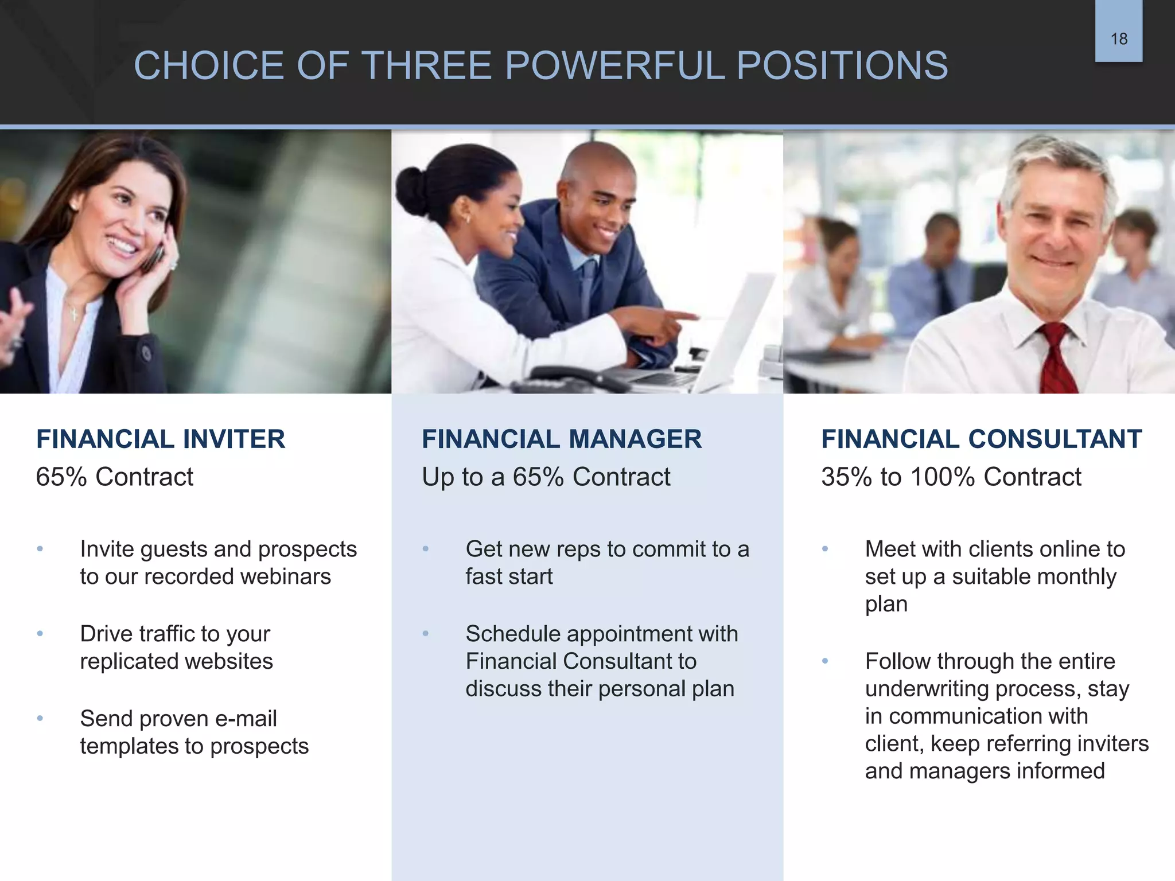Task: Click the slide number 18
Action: (x=1119, y=39)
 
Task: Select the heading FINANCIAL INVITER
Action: (x=161, y=439)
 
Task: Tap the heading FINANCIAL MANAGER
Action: (x=562, y=439)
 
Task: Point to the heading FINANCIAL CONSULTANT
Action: (x=982, y=439)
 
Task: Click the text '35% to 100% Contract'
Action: (x=951, y=477)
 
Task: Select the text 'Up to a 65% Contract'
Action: (x=546, y=477)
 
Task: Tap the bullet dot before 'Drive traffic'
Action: (x=40, y=634)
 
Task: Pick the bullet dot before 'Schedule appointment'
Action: (x=426, y=634)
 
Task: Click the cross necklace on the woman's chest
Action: (x=74, y=314)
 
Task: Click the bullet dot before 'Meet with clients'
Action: (x=825, y=549)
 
